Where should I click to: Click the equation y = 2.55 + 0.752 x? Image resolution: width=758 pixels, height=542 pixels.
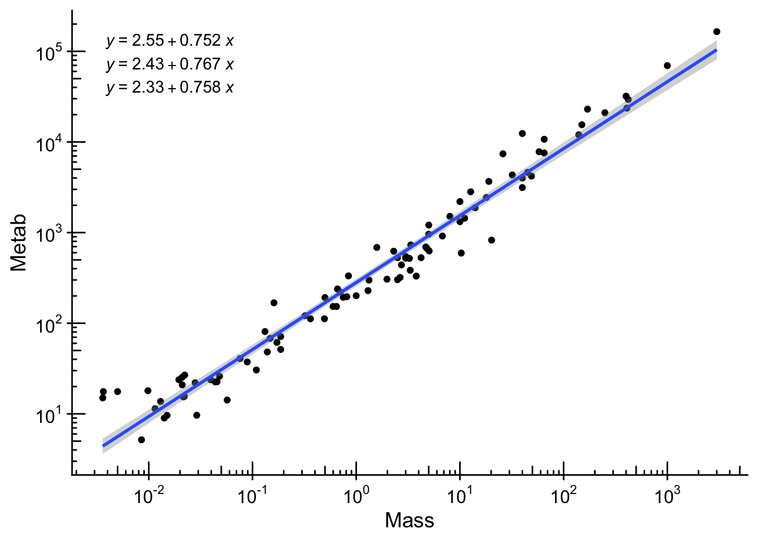pyautogui.click(x=170, y=41)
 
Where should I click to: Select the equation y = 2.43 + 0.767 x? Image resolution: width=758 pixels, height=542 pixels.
pyautogui.click(x=170, y=64)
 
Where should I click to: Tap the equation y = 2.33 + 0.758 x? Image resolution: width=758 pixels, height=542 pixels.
pyautogui.click(x=170, y=88)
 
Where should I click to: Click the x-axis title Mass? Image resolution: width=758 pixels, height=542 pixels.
pyautogui.click(x=409, y=520)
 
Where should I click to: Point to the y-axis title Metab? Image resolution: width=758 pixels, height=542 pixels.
pyautogui.click(x=19, y=243)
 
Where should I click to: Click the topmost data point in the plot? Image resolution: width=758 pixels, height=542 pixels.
pyautogui.click(x=717, y=32)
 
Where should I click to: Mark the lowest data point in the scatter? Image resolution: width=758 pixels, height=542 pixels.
pyautogui.click(x=142, y=440)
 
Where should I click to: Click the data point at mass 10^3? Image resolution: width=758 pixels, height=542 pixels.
pyautogui.click(x=667, y=65)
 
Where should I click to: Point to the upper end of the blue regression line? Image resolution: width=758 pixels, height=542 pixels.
pyautogui.click(x=716, y=50)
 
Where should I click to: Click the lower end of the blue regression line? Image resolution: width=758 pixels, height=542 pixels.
pyautogui.click(x=103, y=445)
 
